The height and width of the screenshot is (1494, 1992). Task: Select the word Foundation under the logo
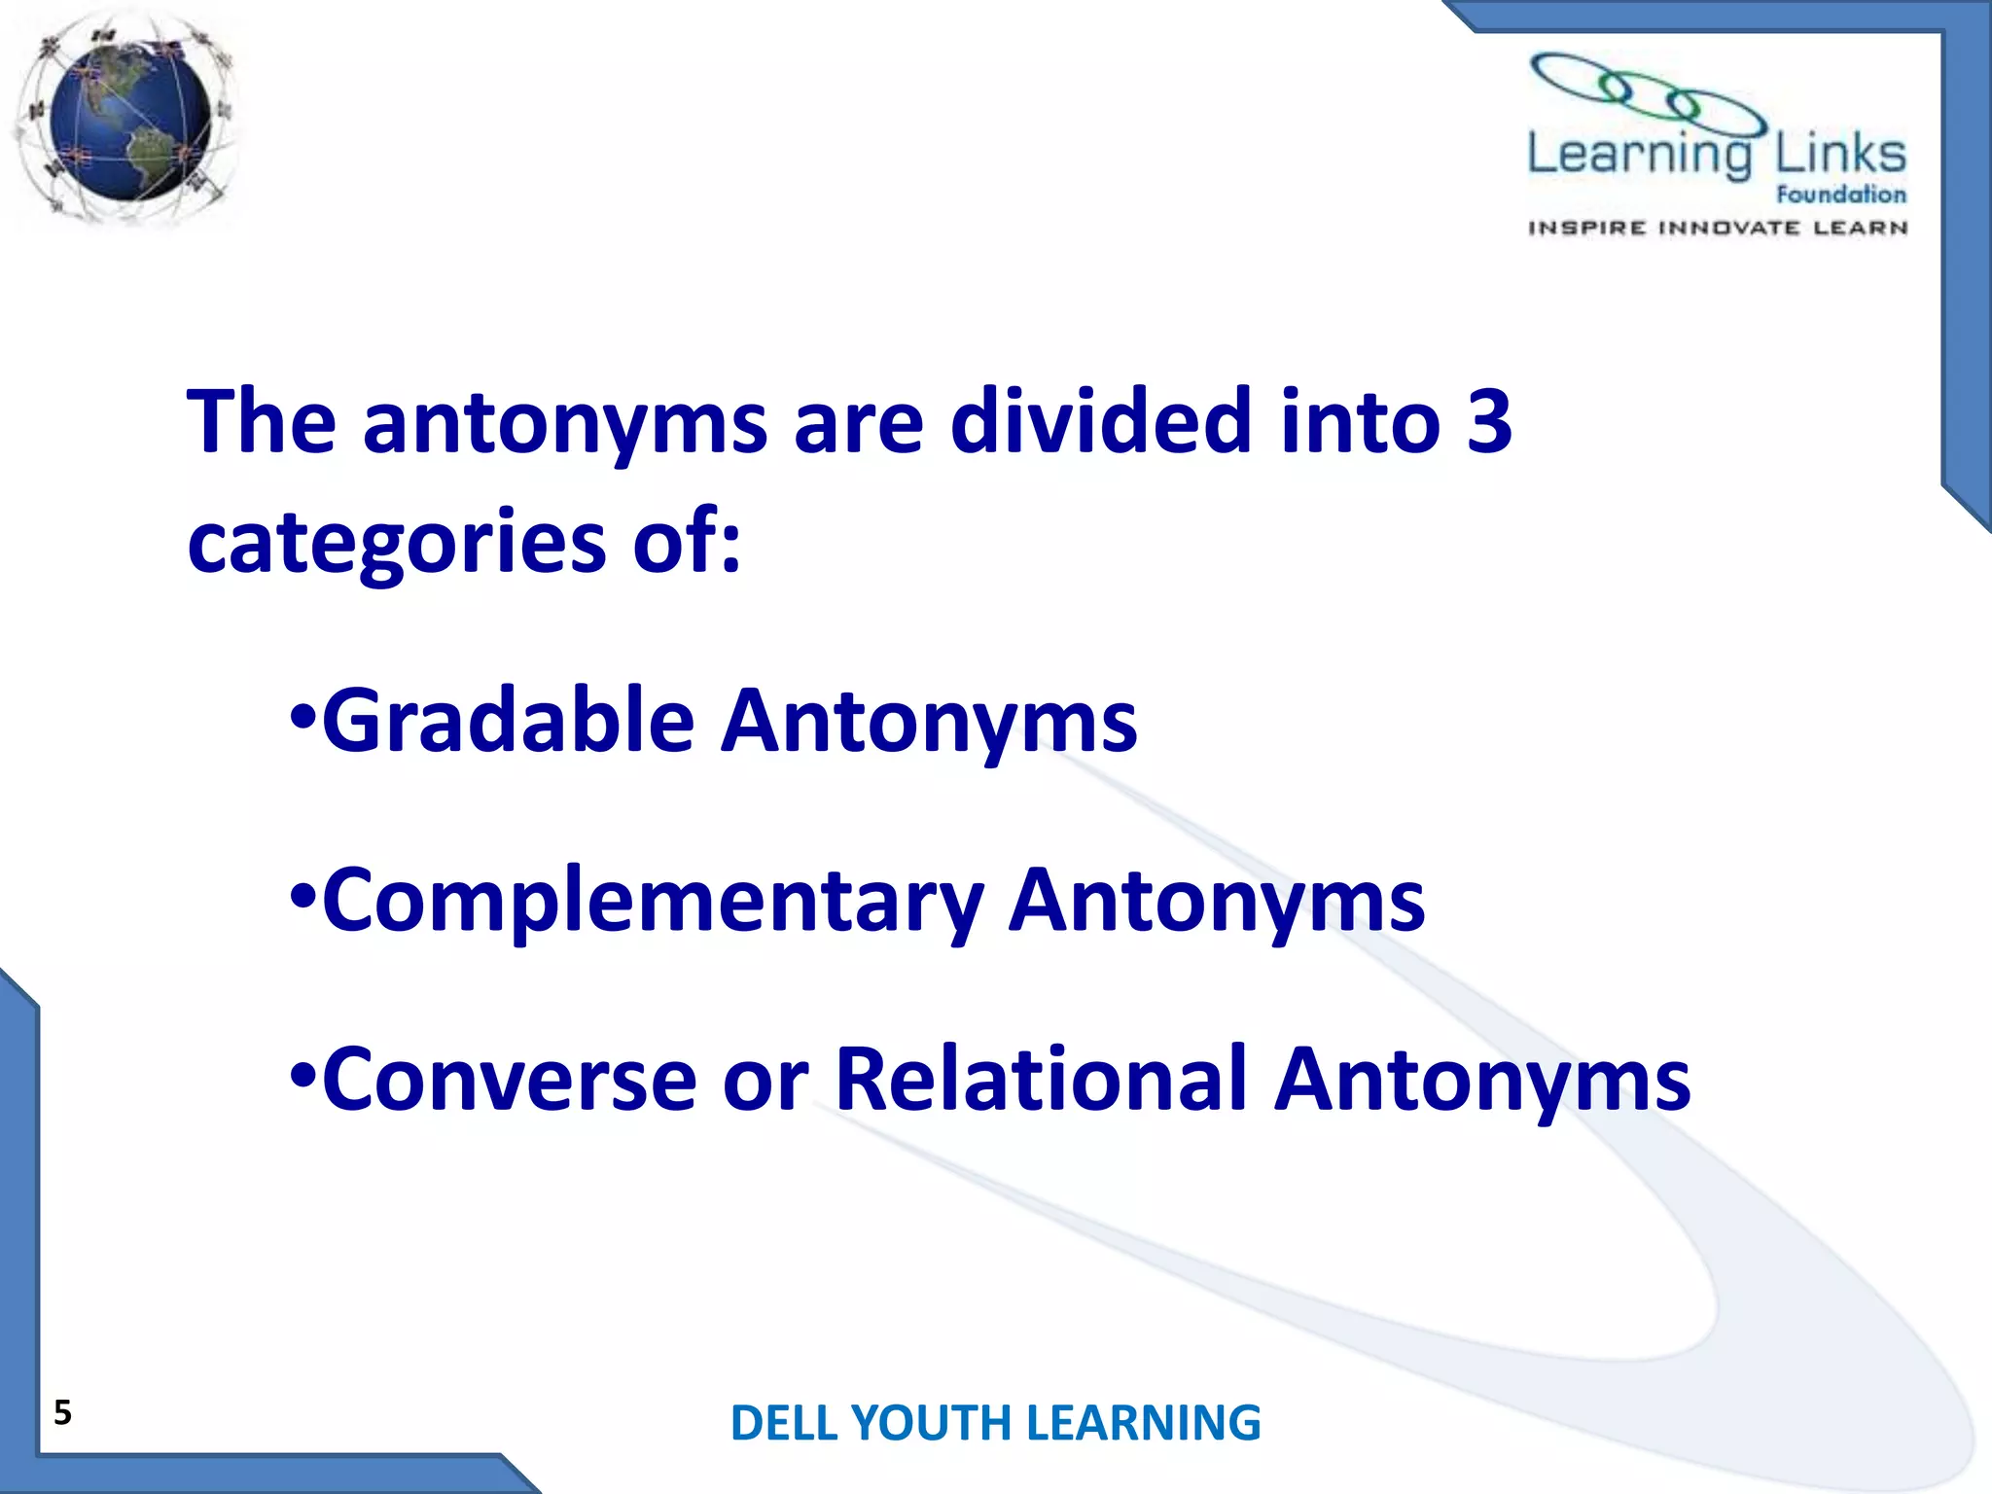[1840, 195]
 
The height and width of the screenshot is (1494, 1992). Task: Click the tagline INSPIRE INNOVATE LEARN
[1718, 229]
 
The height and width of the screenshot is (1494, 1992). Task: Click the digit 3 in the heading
[1488, 421]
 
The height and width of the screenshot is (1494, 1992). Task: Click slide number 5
[62, 1412]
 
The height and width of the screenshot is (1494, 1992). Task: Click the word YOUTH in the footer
[931, 1423]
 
